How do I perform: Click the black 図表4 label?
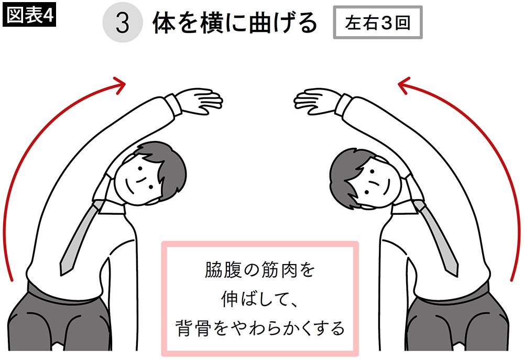[29, 15]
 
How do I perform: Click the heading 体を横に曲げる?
[235, 24]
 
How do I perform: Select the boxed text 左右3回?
[378, 23]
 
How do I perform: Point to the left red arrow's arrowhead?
[119, 83]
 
